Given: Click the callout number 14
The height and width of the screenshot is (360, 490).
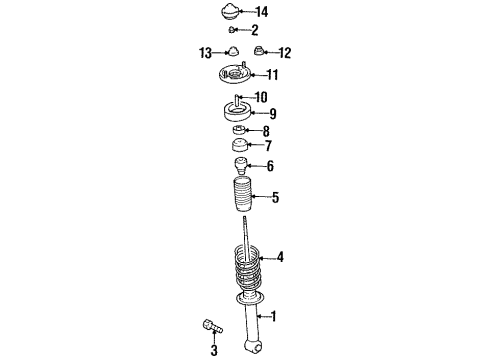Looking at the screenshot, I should click(262, 12).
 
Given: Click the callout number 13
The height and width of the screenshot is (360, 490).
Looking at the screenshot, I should click(204, 52).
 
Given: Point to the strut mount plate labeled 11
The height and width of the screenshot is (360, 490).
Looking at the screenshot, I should click(236, 76).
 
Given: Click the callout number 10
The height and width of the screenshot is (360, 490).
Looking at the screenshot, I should click(262, 97).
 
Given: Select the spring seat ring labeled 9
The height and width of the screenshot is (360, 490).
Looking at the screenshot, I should click(241, 113).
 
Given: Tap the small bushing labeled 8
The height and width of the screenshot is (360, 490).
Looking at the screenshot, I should click(240, 132).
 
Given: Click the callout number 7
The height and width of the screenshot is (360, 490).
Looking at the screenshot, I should click(267, 147).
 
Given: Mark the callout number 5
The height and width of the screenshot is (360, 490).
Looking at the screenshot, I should click(275, 198).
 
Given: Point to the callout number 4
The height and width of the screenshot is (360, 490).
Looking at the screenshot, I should click(280, 258).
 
